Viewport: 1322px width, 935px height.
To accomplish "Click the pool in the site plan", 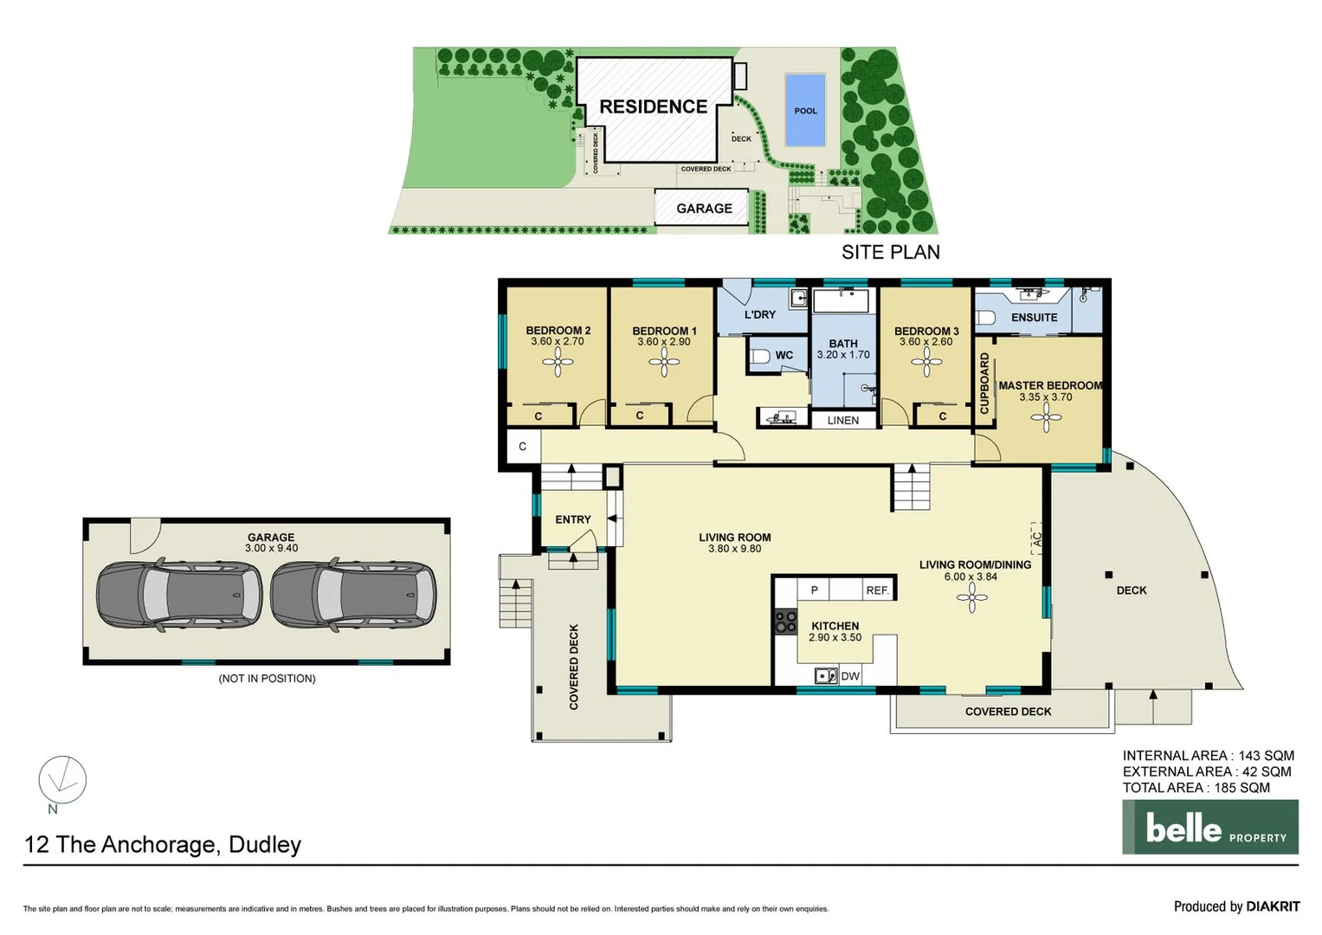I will pos(805,110).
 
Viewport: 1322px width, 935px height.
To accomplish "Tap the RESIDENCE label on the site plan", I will pos(653,106).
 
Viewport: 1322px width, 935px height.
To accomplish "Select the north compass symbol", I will pos(62,779).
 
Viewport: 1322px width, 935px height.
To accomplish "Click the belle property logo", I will pos(1209,827).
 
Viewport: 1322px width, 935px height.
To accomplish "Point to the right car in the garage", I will pos(353,596).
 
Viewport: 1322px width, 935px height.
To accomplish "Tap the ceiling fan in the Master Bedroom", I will pos(1046,419).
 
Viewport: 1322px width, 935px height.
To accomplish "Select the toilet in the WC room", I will pos(760,356).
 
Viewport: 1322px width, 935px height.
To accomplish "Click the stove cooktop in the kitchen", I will pos(785,621).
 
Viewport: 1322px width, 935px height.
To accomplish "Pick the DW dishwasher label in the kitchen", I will pos(850,676).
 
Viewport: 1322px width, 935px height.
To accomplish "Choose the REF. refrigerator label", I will pos(877,590).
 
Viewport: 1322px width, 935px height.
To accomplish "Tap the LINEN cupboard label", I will pos(842,421).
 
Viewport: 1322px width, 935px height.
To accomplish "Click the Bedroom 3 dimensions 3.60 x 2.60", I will pos(925,342).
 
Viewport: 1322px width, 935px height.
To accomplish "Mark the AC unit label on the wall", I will pos(1036,537).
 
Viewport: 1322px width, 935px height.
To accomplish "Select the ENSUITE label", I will pos(1034,318).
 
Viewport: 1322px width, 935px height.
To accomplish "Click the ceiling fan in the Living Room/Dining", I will pos(971,596).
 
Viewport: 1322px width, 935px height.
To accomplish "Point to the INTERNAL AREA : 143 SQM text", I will pos(1208,756).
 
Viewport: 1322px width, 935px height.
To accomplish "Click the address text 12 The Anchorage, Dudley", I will pos(163,845).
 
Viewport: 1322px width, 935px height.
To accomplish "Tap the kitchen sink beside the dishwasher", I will pos(826,676).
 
